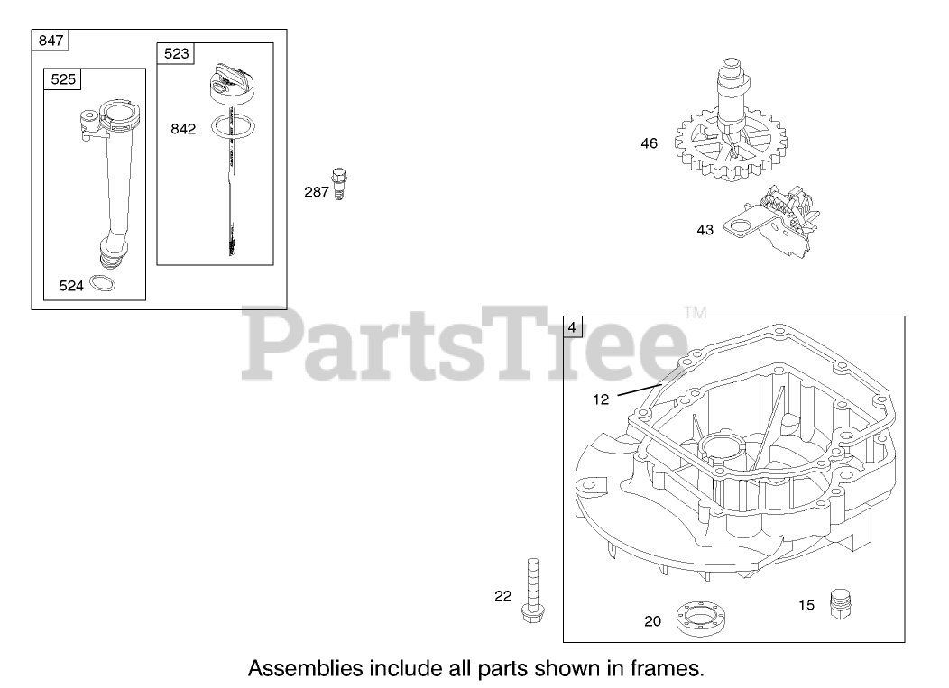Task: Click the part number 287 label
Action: coord(316,192)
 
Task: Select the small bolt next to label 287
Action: coord(339,182)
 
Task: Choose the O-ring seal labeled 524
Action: coord(104,285)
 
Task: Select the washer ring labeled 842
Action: coord(231,127)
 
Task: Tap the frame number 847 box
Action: coord(51,40)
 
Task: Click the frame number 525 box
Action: coord(63,79)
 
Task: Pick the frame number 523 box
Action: coord(177,53)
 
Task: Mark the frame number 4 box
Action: coord(573,327)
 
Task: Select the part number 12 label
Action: coord(602,398)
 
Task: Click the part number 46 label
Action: coord(650,142)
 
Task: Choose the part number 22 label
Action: coord(502,595)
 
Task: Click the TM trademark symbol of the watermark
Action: coord(696,313)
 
